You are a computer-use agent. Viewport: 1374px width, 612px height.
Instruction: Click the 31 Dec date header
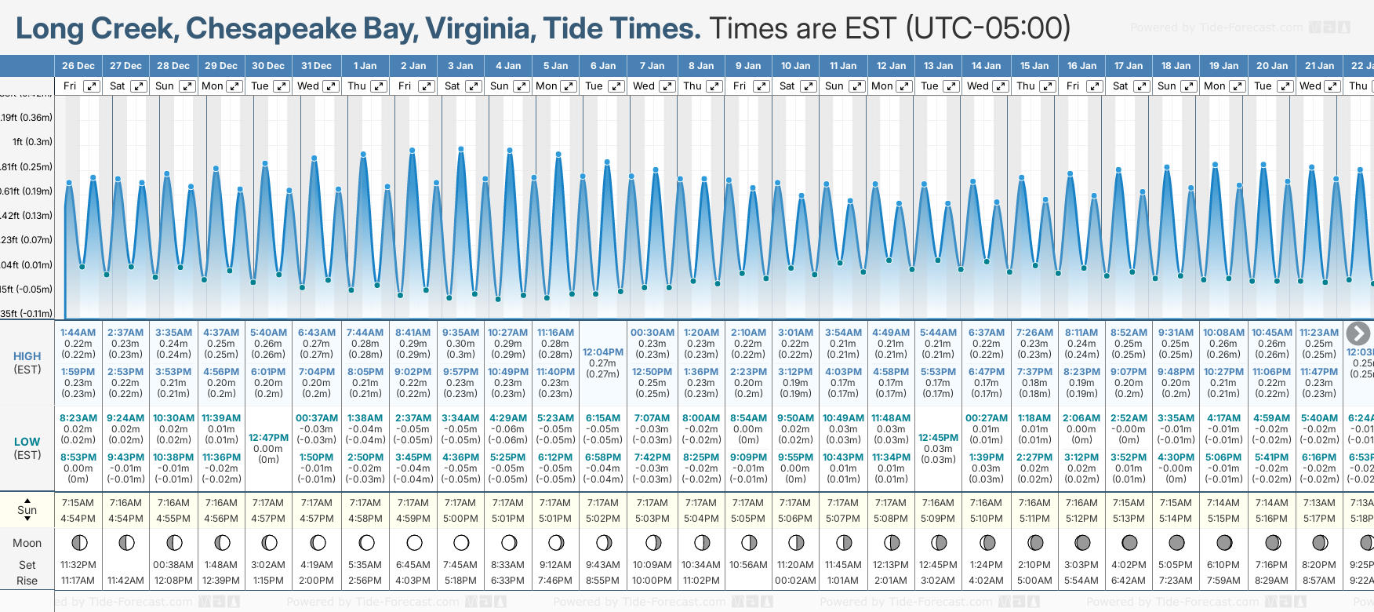(x=316, y=66)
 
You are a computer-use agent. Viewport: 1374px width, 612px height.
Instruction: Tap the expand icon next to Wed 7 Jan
(x=667, y=86)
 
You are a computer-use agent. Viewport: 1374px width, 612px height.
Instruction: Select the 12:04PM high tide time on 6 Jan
(x=603, y=352)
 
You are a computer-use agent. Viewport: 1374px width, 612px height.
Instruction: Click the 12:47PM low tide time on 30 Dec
(x=268, y=438)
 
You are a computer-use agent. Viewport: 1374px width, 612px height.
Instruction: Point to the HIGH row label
(x=27, y=356)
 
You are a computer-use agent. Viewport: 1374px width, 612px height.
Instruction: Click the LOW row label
(x=27, y=442)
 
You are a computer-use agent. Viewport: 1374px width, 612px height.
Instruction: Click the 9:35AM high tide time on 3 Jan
(x=460, y=333)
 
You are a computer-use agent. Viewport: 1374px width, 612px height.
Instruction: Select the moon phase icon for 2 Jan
(x=414, y=542)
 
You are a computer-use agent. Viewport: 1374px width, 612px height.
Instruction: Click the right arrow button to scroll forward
(x=1358, y=333)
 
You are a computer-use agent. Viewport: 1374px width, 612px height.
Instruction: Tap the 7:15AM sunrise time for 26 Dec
(x=78, y=503)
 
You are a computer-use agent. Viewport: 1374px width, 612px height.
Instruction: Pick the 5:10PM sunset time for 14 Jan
(x=986, y=519)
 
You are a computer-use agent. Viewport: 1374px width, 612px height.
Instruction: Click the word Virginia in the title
(x=480, y=29)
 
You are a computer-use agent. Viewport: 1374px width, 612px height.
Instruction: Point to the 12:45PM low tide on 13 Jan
(x=938, y=438)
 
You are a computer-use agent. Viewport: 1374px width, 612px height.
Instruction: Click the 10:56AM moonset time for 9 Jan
(x=747, y=565)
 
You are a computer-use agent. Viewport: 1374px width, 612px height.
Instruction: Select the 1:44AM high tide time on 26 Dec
(x=78, y=333)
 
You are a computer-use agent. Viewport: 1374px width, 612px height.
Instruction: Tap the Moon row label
(x=27, y=543)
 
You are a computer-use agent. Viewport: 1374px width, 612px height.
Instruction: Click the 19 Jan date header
(x=1224, y=66)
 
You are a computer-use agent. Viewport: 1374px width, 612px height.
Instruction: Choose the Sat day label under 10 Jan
(x=787, y=86)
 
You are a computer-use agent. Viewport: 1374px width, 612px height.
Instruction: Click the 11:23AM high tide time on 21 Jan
(x=1319, y=333)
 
